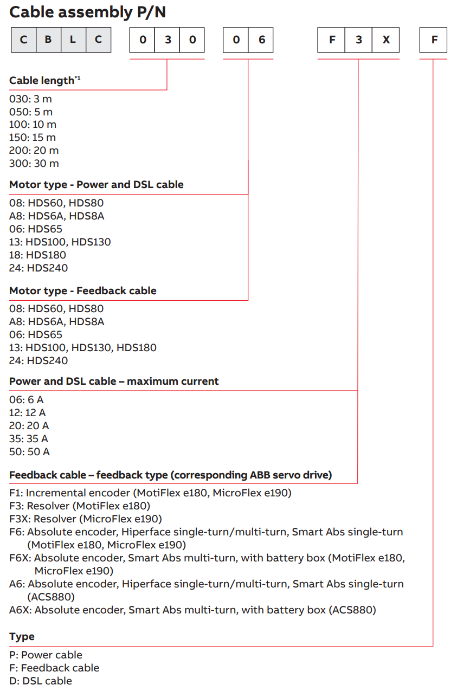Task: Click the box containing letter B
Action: click(x=48, y=40)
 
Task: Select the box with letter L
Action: click(x=73, y=40)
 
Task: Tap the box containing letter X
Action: click(x=385, y=40)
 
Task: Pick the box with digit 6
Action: click(x=261, y=40)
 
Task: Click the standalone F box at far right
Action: click(x=433, y=40)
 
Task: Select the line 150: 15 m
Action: click(x=33, y=138)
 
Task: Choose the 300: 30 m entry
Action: click(x=34, y=164)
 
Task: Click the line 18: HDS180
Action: click(x=37, y=255)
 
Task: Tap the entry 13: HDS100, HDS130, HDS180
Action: click(x=82, y=348)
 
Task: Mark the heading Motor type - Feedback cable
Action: click(x=82, y=291)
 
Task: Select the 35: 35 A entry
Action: click(x=29, y=439)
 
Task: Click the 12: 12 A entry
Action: click(x=28, y=413)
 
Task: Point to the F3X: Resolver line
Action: click(x=85, y=519)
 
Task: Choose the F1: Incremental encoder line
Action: click(x=150, y=493)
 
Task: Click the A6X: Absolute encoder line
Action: click(x=192, y=610)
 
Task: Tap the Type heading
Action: click(x=22, y=637)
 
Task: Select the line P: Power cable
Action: click(x=46, y=655)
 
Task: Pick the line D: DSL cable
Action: click(x=40, y=681)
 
